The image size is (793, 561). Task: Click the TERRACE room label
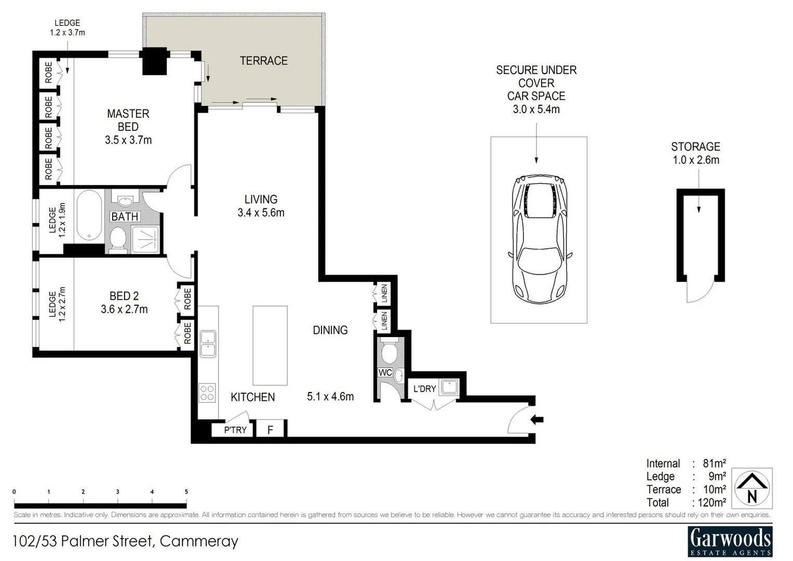[x=263, y=61]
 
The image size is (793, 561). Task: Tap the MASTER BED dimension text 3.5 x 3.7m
[x=128, y=140]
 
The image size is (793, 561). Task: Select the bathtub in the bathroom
[x=89, y=216]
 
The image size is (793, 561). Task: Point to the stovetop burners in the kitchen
[x=207, y=393]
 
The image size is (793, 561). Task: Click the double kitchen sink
[x=208, y=343]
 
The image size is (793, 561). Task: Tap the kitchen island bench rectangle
[x=270, y=345]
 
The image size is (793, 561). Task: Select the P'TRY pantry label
[x=235, y=430]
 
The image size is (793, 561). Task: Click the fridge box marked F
[x=270, y=430]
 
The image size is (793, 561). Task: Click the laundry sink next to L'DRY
[x=449, y=387]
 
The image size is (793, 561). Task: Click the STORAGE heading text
[x=695, y=147]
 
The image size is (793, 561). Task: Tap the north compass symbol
[x=752, y=488]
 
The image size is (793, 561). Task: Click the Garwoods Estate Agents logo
[x=730, y=541]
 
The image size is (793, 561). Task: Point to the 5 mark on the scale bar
[x=186, y=492]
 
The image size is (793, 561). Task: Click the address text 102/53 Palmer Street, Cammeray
[x=125, y=541]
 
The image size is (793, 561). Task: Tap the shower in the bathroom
[x=145, y=239]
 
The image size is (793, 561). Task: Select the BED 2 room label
[x=124, y=296]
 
